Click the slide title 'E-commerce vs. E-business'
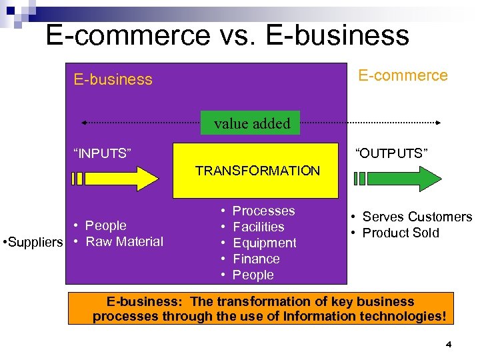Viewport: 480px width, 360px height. click(x=227, y=35)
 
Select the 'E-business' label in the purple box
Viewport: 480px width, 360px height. click(x=113, y=79)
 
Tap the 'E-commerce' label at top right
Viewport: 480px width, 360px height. click(x=403, y=75)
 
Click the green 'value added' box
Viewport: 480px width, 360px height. click(x=252, y=123)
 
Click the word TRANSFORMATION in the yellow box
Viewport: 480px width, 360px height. click(x=257, y=171)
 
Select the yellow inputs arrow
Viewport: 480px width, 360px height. click(x=114, y=179)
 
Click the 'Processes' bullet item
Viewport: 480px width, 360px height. click(x=263, y=211)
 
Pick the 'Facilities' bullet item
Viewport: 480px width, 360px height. click(x=258, y=227)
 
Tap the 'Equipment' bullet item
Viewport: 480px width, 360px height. click(x=264, y=243)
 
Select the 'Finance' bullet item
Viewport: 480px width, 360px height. click(x=256, y=259)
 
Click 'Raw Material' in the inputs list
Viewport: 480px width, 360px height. click(x=124, y=241)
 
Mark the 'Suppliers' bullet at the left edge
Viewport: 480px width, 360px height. click(x=33, y=241)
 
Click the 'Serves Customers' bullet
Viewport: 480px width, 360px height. click(x=417, y=217)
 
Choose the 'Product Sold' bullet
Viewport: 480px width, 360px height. click(x=401, y=233)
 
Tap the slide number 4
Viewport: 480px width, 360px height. click(x=448, y=345)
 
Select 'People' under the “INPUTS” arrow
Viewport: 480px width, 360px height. click(x=105, y=225)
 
